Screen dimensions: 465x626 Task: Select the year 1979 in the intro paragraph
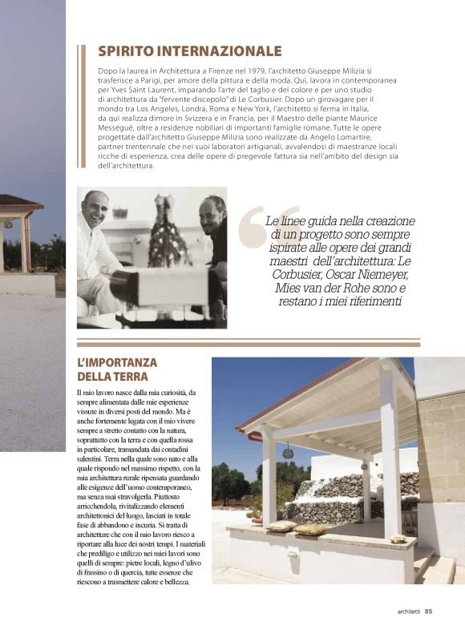point(286,72)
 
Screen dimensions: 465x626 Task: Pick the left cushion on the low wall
point(283,526)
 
